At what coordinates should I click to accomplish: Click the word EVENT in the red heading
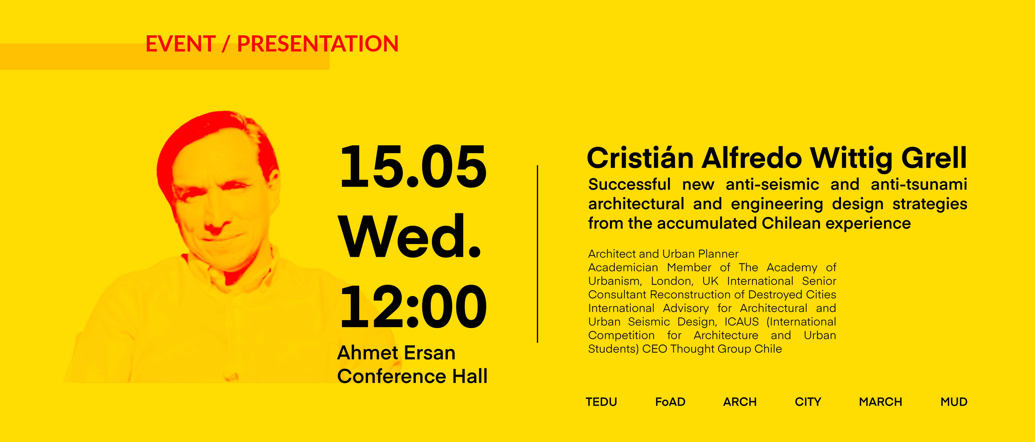[180, 44]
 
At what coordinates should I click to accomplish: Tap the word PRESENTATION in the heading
[318, 44]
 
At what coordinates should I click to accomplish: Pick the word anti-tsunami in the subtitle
[919, 184]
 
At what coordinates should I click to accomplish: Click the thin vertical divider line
[537, 254]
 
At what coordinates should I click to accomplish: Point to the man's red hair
[209, 133]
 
